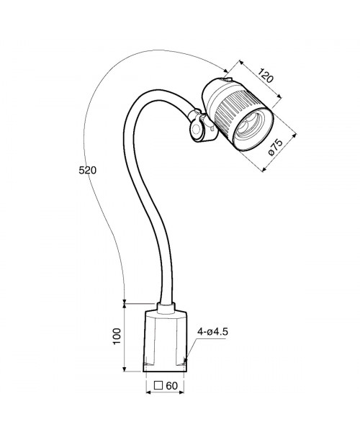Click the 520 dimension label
click(x=88, y=170)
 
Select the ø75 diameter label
click(x=276, y=148)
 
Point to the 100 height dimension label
click(x=117, y=336)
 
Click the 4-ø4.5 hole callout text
click(x=212, y=332)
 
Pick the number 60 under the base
click(x=172, y=386)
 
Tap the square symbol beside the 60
click(x=158, y=385)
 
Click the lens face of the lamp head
click(x=253, y=129)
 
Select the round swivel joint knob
click(x=197, y=129)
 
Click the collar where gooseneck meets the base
click(x=166, y=308)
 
